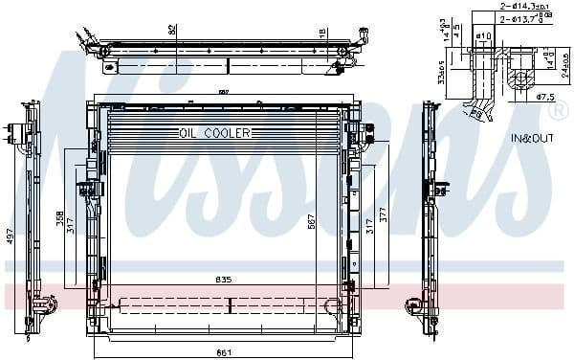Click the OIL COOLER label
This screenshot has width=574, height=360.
coord(214,133)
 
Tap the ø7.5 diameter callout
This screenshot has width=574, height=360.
coord(546,97)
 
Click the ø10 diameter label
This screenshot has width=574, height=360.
coord(483,36)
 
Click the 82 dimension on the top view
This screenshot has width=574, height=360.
coord(172,31)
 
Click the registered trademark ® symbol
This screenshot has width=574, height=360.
coord(558,111)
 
